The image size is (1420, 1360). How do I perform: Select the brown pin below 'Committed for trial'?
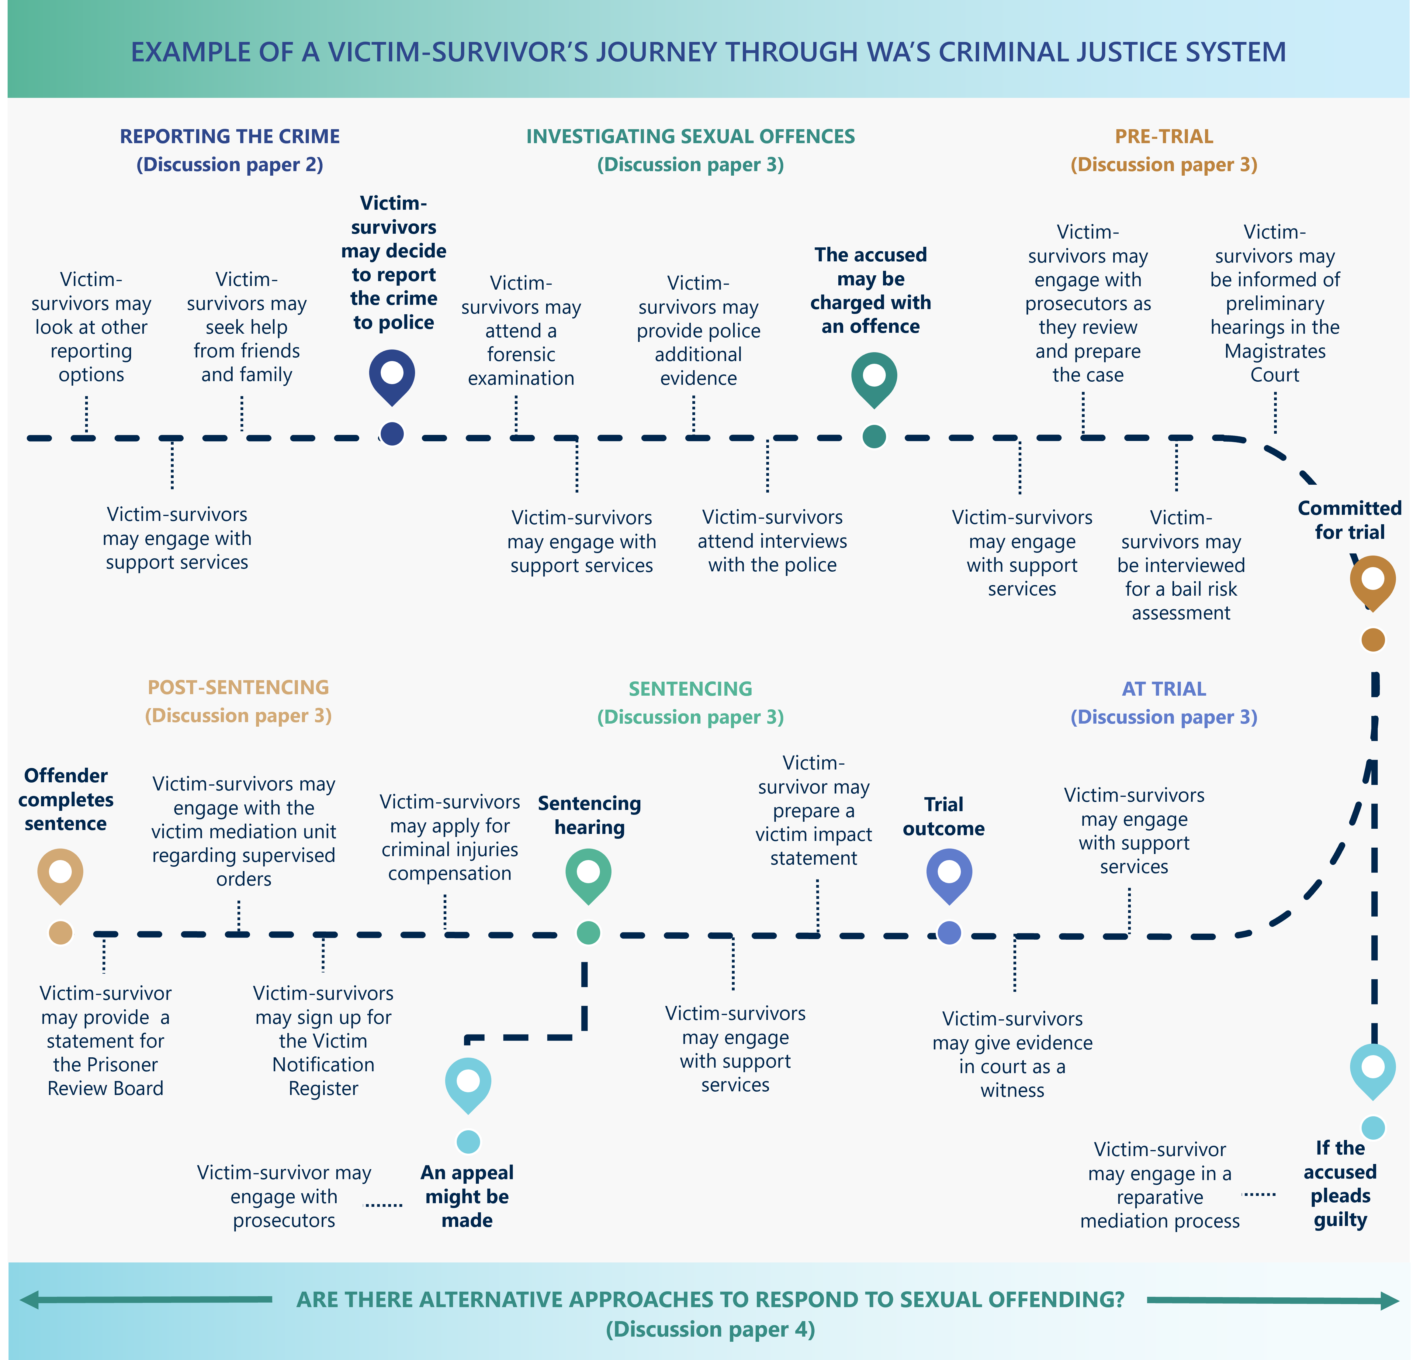(1372, 581)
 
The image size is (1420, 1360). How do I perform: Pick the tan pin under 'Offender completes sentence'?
(60, 874)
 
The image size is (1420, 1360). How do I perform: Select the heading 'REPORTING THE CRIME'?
(230, 136)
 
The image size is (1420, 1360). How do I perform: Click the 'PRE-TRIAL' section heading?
(1164, 136)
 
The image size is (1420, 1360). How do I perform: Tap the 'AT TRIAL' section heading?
(1164, 689)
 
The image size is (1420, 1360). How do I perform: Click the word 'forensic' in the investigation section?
(521, 355)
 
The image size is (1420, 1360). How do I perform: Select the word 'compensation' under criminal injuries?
(449, 873)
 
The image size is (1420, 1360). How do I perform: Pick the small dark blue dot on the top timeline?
(392, 434)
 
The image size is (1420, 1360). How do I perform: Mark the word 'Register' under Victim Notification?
(323, 1088)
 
